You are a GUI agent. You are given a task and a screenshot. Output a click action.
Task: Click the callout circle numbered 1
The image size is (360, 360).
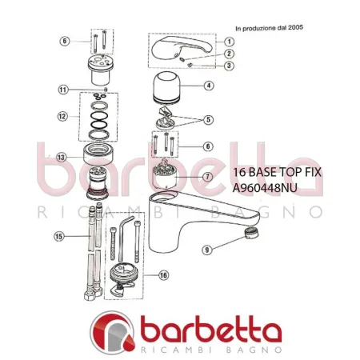pyautogui.click(x=229, y=42)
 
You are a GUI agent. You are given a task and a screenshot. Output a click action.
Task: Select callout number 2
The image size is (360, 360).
pyautogui.click(x=229, y=54)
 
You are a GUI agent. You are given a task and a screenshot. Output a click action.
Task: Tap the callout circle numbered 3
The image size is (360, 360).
pyautogui.click(x=229, y=66)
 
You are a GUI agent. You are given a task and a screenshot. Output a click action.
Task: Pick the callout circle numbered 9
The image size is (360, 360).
pyautogui.click(x=206, y=250)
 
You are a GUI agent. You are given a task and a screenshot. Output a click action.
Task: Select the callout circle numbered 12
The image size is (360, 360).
pyautogui.click(x=62, y=116)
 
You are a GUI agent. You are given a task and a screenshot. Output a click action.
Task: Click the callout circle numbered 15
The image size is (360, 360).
pyautogui.click(x=58, y=236)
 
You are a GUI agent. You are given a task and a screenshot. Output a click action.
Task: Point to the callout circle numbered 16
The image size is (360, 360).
pyautogui.click(x=163, y=275)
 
